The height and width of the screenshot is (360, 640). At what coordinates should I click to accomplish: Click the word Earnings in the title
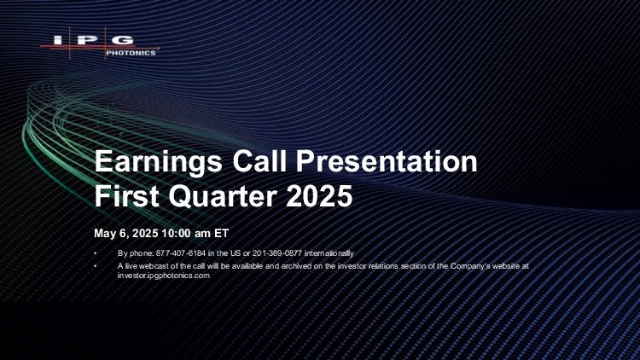[159, 162]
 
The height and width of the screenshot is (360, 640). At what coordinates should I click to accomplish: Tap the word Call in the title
[259, 161]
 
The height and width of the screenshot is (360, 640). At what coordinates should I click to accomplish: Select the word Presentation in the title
[387, 161]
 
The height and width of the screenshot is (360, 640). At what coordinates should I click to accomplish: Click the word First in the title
[126, 196]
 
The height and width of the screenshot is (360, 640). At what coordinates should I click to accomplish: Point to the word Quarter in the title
[223, 197]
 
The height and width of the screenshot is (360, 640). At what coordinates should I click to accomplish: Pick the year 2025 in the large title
[319, 196]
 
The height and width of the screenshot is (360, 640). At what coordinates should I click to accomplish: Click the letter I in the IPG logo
[58, 40]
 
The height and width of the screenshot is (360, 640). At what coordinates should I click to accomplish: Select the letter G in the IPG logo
[123, 40]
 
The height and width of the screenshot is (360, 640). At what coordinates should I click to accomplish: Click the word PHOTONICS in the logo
[131, 53]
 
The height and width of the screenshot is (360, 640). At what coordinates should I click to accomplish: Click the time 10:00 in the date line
[176, 234]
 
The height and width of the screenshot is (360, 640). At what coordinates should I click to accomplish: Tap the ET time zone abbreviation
[222, 234]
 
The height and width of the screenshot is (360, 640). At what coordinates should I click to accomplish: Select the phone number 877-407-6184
[180, 253]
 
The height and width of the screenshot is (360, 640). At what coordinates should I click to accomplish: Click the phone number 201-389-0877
[277, 253]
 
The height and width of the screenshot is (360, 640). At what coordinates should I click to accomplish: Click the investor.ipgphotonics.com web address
[164, 276]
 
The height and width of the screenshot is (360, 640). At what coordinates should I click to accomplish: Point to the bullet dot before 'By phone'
[96, 253]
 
